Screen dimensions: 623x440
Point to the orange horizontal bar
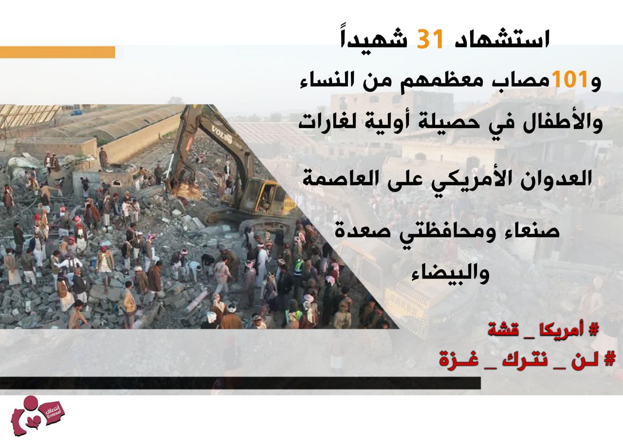[57, 52]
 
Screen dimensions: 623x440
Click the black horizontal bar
[240, 383]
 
